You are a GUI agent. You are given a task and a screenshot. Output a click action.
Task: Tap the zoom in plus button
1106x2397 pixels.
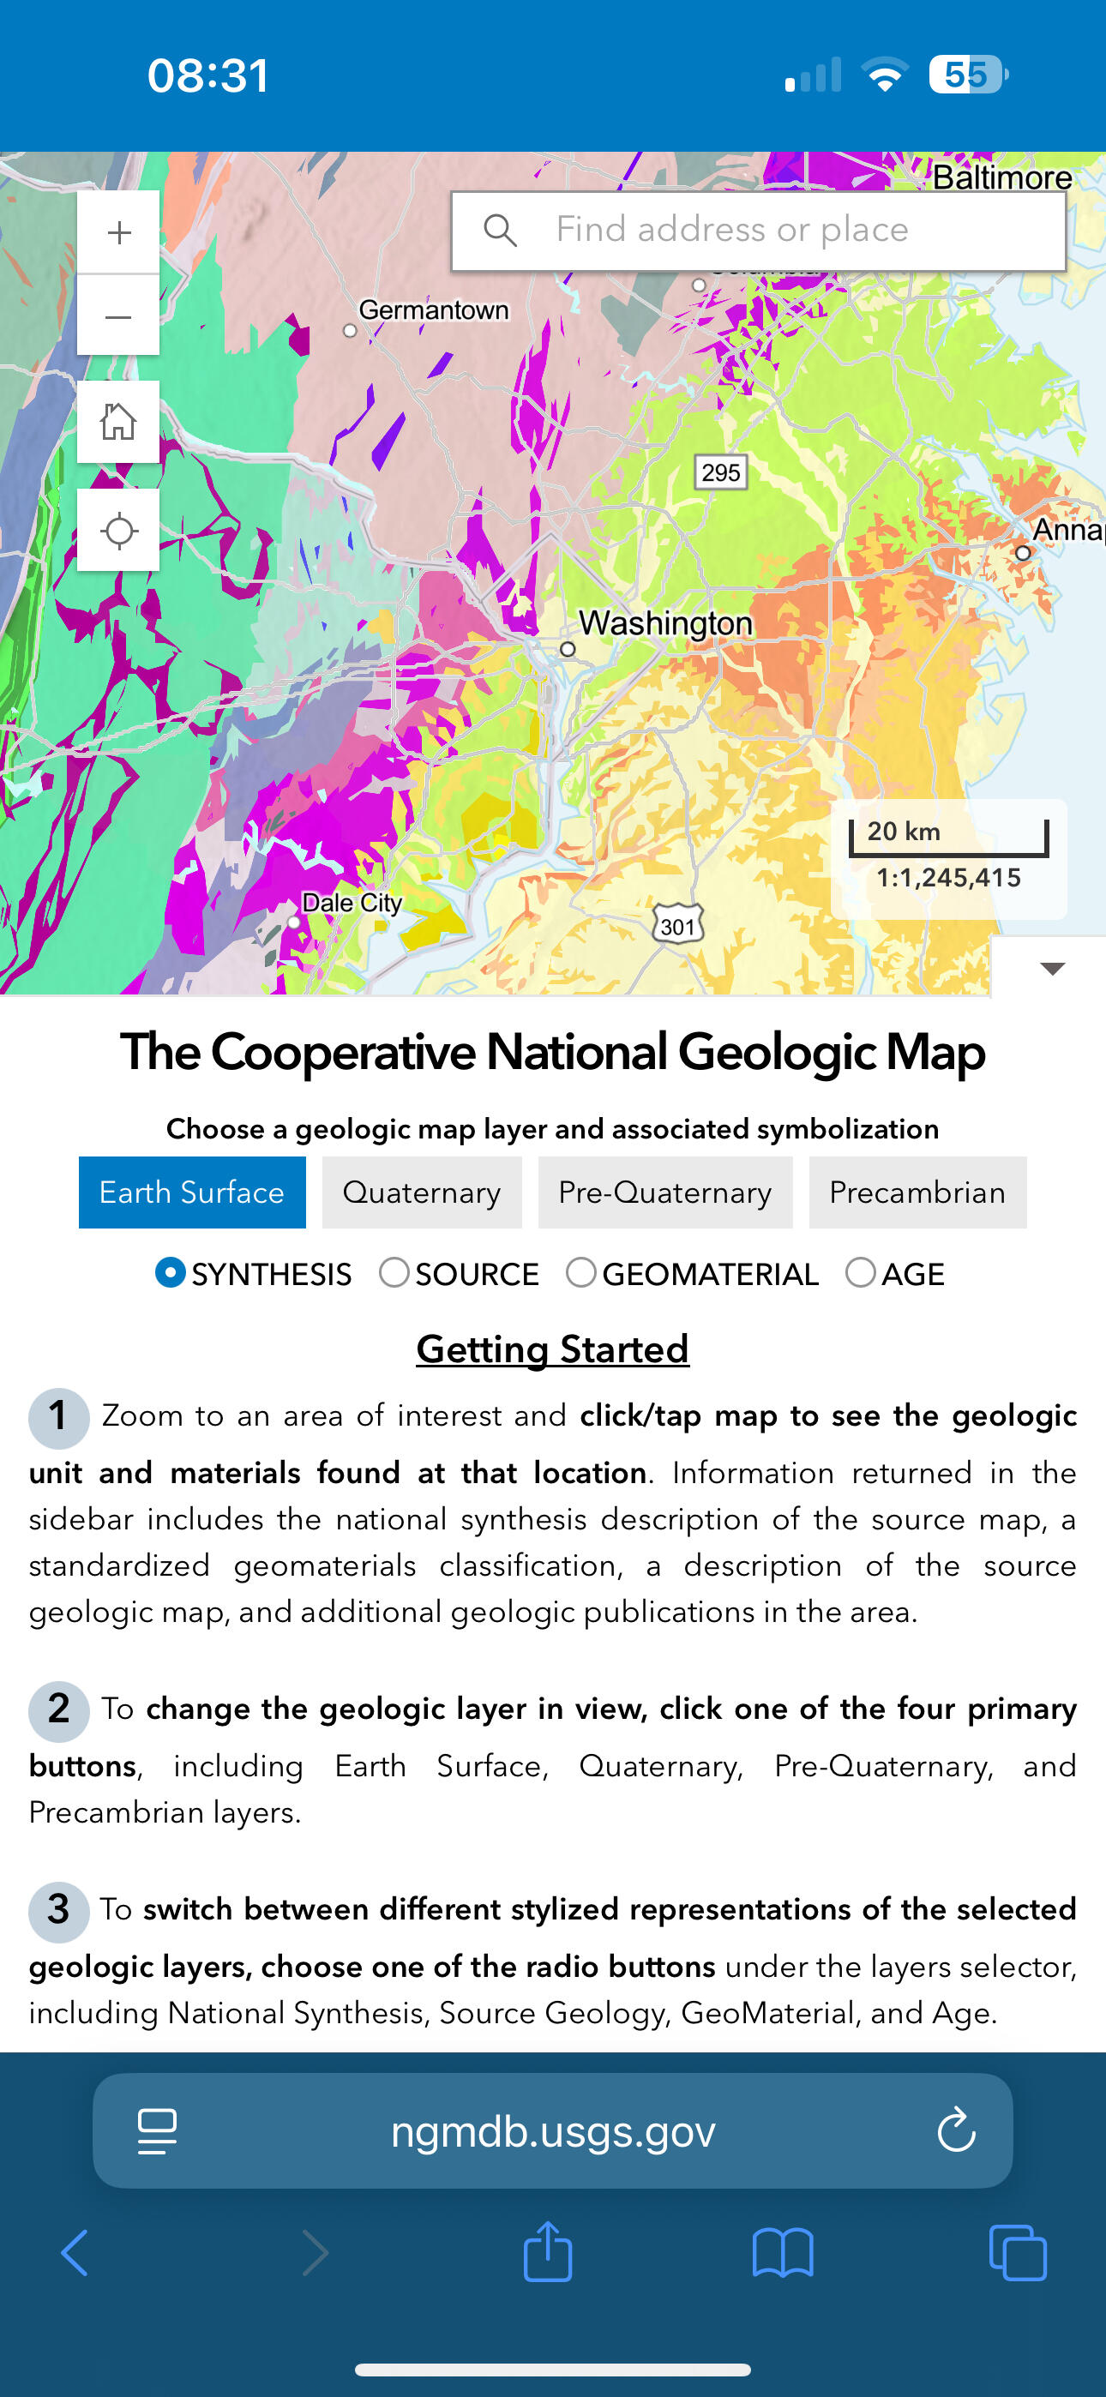point(118,232)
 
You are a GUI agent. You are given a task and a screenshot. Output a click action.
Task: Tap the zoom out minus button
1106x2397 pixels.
point(118,316)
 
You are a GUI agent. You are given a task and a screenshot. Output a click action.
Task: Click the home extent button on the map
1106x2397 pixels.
point(118,423)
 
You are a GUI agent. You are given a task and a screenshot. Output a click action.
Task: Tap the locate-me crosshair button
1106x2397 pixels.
point(118,532)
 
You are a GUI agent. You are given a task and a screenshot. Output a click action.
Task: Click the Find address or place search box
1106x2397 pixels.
point(758,231)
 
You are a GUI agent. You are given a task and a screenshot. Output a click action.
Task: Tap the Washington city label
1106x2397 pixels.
point(664,623)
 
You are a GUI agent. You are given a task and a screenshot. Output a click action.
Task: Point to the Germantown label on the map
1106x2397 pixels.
point(433,309)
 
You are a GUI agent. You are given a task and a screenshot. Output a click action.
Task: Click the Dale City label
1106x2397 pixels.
point(352,903)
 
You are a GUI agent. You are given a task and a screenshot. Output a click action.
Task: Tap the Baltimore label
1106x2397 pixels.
point(1001,177)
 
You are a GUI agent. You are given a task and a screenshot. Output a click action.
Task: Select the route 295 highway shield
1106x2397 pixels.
point(720,472)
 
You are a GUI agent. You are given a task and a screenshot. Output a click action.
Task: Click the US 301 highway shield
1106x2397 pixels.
point(676,926)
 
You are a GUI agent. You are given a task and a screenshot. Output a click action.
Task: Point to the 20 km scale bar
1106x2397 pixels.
point(947,838)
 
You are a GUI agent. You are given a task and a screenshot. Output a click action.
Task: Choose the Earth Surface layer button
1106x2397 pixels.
point(192,1192)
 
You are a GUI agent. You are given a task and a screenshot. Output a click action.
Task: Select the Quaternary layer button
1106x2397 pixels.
point(422,1192)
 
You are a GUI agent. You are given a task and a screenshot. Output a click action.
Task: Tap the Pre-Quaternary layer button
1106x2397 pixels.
point(664,1192)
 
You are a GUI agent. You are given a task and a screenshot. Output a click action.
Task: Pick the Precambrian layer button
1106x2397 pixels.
point(917,1192)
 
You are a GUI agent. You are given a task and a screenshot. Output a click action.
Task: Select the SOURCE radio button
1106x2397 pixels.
point(394,1273)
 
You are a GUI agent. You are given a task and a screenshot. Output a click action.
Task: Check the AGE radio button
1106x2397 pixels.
point(860,1273)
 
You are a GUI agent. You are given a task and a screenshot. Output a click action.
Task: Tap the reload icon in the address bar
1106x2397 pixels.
point(955,2131)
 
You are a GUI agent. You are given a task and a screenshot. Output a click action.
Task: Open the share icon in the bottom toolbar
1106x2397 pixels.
point(547,2253)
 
